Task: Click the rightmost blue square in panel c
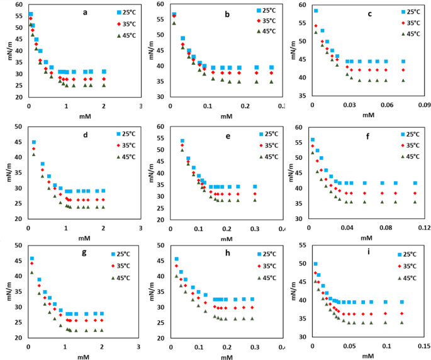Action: (403, 62)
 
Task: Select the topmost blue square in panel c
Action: (316, 11)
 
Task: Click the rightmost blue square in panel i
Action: (402, 302)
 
